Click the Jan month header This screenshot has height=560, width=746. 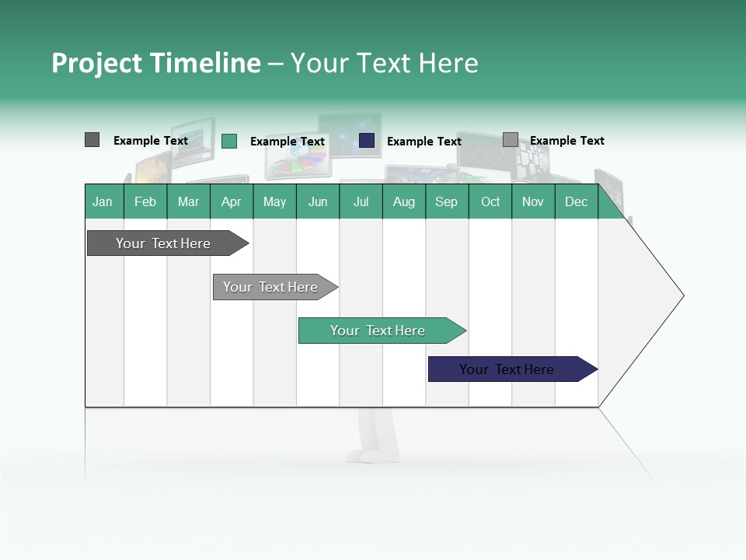tap(103, 201)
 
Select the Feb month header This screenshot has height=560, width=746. tap(145, 201)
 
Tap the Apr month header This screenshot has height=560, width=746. tap(232, 201)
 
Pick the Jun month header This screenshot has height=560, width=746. tap(318, 201)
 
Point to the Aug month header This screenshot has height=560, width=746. tap(404, 201)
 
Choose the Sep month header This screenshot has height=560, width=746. tap(447, 201)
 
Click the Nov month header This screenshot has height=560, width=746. tap(533, 201)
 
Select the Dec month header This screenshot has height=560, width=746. tap(577, 201)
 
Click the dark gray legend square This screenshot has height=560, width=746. tap(92, 140)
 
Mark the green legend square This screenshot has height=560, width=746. tap(228, 141)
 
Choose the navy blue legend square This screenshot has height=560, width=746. tap(367, 141)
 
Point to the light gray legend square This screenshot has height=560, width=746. tap(510, 140)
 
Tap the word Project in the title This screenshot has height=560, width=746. tap(96, 63)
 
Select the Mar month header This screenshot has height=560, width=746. tap(188, 201)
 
